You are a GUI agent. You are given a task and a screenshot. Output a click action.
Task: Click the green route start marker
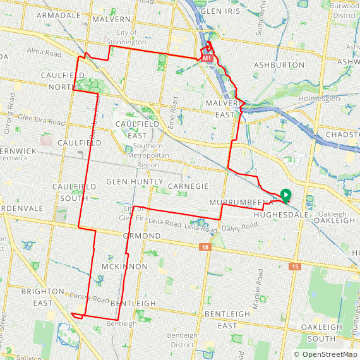(285, 196)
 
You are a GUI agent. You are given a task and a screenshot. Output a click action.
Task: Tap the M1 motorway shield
(206, 58)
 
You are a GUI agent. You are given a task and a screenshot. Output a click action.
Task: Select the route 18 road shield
(205, 247)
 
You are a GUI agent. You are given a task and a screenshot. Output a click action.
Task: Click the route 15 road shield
(295, 268)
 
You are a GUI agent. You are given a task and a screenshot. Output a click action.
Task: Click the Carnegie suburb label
(188, 186)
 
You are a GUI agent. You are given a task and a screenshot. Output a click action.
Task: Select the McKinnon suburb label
(124, 267)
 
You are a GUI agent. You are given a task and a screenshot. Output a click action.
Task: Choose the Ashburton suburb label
(279, 65)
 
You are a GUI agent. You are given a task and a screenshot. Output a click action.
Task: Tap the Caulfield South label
(75, 193)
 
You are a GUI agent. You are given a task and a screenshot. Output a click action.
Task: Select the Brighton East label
(42, 297)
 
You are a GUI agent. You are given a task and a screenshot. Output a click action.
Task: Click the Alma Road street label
(44, 54)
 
